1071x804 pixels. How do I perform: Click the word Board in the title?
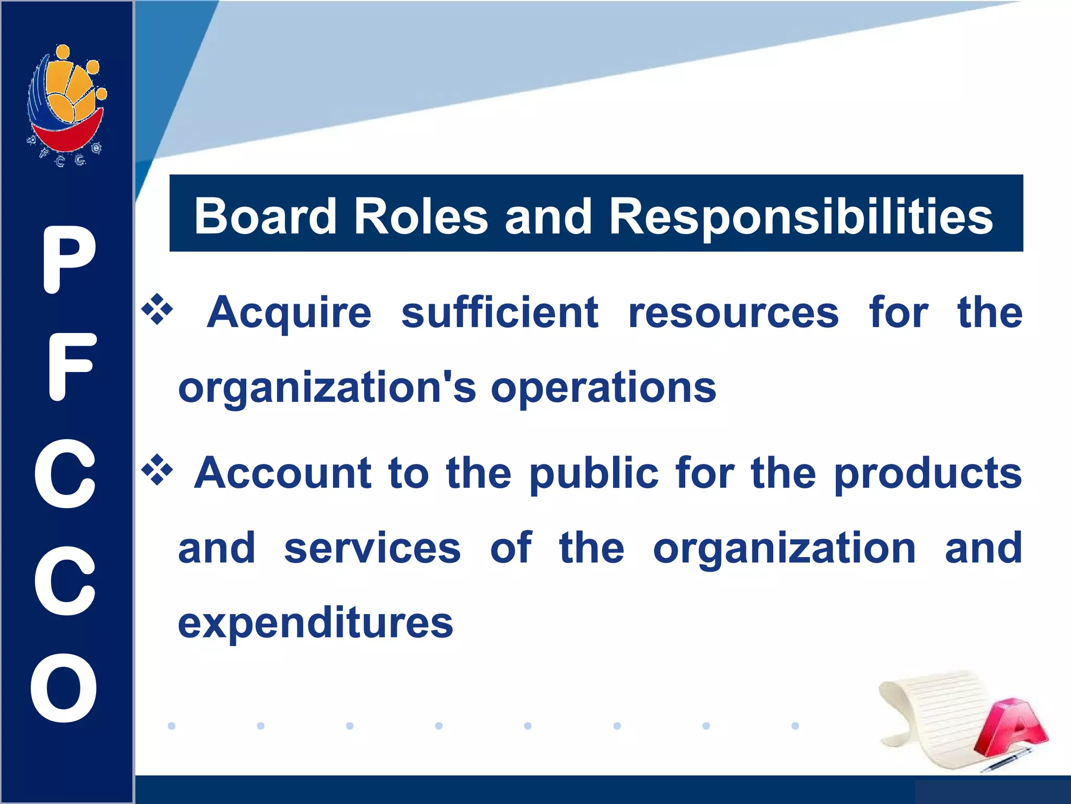point(265,216)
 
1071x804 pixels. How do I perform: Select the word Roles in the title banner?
point(420,216)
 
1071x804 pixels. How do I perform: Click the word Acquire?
point(289,314)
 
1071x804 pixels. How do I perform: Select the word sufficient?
point(499,312)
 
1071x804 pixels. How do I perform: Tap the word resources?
point(733,314)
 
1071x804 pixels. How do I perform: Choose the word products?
point(928,474)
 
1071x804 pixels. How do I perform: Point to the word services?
point(372,548)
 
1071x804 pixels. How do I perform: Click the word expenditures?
point(315,624)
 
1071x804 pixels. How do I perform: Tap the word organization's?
point(327,389)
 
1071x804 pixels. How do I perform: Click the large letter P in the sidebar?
point(69,260)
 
